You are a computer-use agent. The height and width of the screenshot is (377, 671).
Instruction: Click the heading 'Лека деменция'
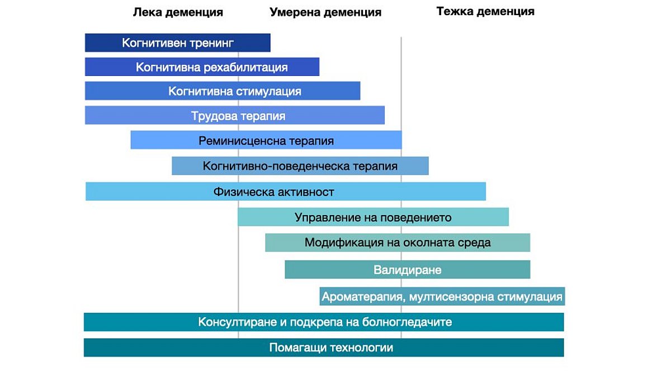178,12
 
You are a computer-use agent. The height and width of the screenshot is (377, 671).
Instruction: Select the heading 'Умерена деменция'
325,12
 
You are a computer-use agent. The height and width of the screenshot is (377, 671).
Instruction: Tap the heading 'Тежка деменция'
485,11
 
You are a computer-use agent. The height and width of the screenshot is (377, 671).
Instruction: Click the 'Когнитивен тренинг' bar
178,43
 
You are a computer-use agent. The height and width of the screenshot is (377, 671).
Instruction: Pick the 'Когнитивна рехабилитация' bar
202,66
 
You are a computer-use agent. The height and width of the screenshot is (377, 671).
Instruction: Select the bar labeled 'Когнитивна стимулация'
223,90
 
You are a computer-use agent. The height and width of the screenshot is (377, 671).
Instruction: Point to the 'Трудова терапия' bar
235,115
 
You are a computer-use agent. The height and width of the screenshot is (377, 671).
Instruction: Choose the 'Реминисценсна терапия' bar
266,140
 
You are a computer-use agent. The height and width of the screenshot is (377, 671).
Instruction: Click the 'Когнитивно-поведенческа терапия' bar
300,166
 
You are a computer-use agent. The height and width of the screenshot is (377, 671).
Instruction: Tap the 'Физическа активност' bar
286,191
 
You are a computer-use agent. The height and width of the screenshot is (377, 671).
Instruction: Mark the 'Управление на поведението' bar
374,217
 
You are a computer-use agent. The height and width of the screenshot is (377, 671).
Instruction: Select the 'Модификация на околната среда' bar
398,242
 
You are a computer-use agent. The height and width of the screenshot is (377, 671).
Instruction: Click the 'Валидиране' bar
408,270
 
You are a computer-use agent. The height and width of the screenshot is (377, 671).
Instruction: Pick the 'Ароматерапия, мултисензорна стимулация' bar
442,296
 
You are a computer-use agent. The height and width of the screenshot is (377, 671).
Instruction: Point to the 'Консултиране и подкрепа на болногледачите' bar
324,322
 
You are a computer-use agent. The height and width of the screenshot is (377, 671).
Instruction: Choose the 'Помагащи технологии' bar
324,347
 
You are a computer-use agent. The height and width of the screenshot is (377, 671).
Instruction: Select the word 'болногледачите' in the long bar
407,322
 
